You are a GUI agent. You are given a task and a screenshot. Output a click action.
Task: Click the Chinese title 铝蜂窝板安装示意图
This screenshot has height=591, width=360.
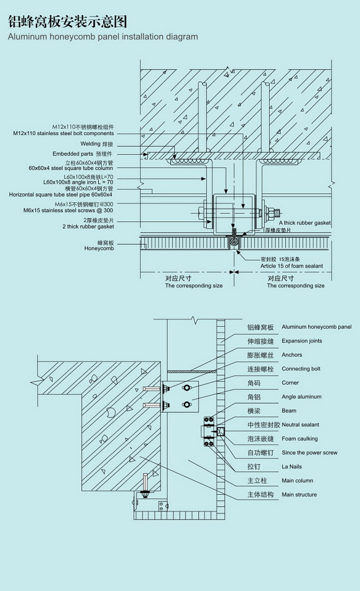[67, 22]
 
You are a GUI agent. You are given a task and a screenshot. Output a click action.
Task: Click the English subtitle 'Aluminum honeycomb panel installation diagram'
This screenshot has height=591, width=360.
[103, 37]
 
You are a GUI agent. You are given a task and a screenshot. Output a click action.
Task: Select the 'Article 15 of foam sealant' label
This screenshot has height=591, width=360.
[292, 266]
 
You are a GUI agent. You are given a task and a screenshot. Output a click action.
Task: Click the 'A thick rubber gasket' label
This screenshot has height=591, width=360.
[305, 223]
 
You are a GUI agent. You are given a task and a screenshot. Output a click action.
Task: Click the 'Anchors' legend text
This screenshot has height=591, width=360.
[292, 355]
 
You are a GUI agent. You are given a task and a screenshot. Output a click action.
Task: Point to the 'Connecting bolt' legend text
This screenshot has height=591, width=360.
[301, 369]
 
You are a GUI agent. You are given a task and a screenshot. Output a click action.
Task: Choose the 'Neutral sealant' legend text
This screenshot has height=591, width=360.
[300, 425]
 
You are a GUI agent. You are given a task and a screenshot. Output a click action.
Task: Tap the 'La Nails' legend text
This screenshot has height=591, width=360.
[292, 466]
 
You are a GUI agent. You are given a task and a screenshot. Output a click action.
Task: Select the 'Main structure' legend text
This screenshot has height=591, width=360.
[299, 495]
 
